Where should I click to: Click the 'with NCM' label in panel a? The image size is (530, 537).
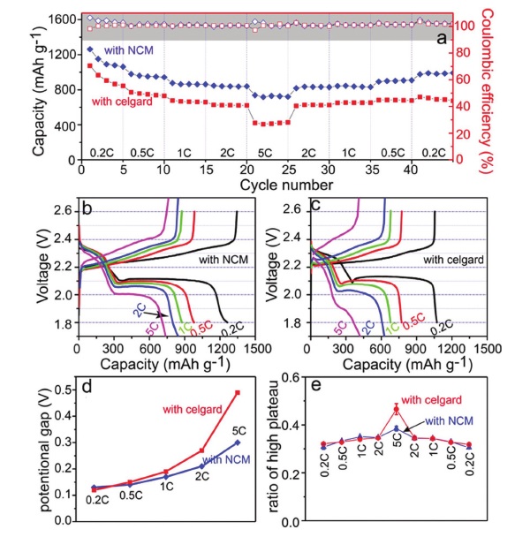pos(129,49)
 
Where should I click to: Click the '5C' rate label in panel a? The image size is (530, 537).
pos(267,152)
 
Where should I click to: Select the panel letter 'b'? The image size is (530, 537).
pos(89,210)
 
